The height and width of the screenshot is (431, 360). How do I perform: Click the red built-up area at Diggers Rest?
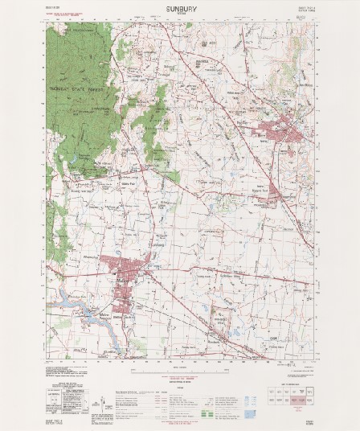273,194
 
